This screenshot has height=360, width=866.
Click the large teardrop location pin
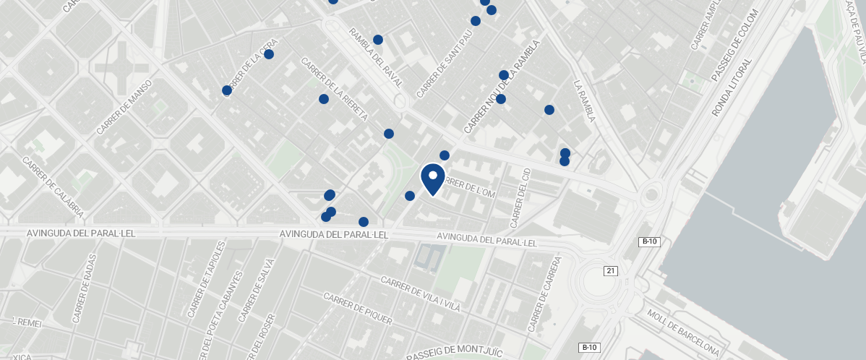point(432,179)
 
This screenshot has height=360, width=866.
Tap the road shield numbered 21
point(611,270)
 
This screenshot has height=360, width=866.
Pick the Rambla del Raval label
point(376,57)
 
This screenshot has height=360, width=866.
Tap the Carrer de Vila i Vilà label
point(421,297)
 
